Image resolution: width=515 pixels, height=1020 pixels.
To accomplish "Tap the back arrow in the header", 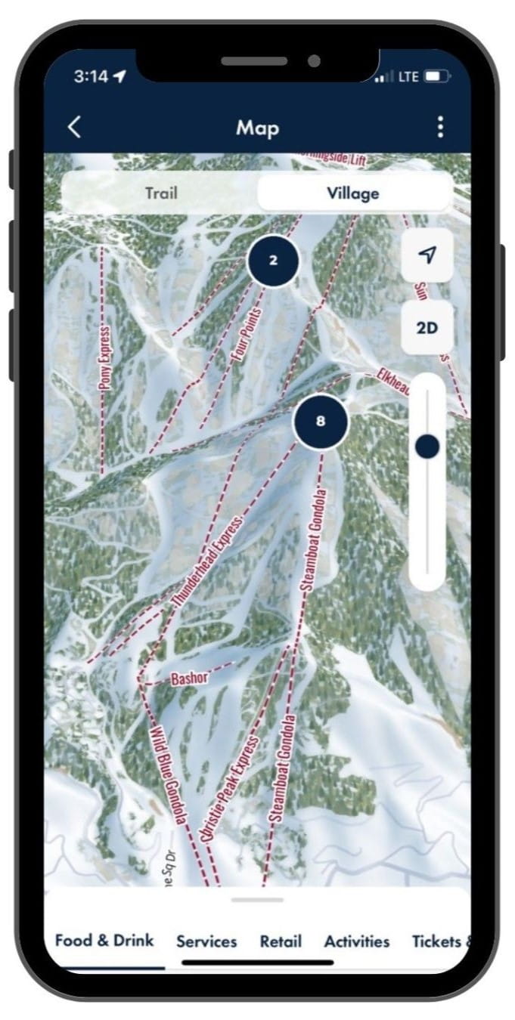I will (x=74, y=127).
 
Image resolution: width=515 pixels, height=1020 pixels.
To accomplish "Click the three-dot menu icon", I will (x=440, y=127).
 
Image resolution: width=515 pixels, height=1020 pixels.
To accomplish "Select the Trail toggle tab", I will (x=160, y=193).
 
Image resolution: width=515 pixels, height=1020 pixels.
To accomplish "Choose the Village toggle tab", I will (x=352, y=193).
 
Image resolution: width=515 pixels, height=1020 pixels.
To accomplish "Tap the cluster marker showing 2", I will (x=273, y=261).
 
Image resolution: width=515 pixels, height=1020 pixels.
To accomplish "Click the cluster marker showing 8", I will (x=321, y=421).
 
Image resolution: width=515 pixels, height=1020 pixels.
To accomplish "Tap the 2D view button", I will (x=427, y=328).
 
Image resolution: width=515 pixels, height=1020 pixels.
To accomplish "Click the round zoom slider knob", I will (x=427, y=447).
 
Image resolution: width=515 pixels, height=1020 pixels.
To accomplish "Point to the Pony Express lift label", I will (x=105, y=357).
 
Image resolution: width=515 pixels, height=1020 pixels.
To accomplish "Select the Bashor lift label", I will (x=189, y=678).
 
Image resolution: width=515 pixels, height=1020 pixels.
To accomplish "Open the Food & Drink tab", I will (x=104, y=941).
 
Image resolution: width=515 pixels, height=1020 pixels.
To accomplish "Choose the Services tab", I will (x=206, y=941).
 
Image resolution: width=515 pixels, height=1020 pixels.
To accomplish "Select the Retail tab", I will (x=281, y=941).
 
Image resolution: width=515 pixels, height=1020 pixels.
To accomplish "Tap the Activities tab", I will (x=357, y=941).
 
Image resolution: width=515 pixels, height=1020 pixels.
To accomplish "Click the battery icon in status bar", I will (x=436, y=77).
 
